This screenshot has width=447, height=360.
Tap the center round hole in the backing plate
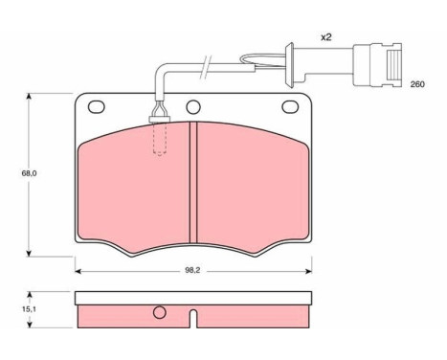pyautogui.click(x=192, y=107)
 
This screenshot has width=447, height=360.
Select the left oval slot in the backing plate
pyautogui.click(x=97, y=106)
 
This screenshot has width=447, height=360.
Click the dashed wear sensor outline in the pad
pyautogui.click(x=159, y=140)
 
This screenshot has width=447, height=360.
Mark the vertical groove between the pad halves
pyautogui.click(x=191, y=182)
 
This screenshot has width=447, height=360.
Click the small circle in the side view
pyautogui.click(x=160, y=312)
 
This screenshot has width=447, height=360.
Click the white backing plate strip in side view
pyautogui.click(x=191, y=299)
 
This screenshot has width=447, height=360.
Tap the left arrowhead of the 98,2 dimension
pyautogui.click(x=78, y=270)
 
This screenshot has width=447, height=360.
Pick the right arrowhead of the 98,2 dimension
pyautogui.click(x=307, y=270)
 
